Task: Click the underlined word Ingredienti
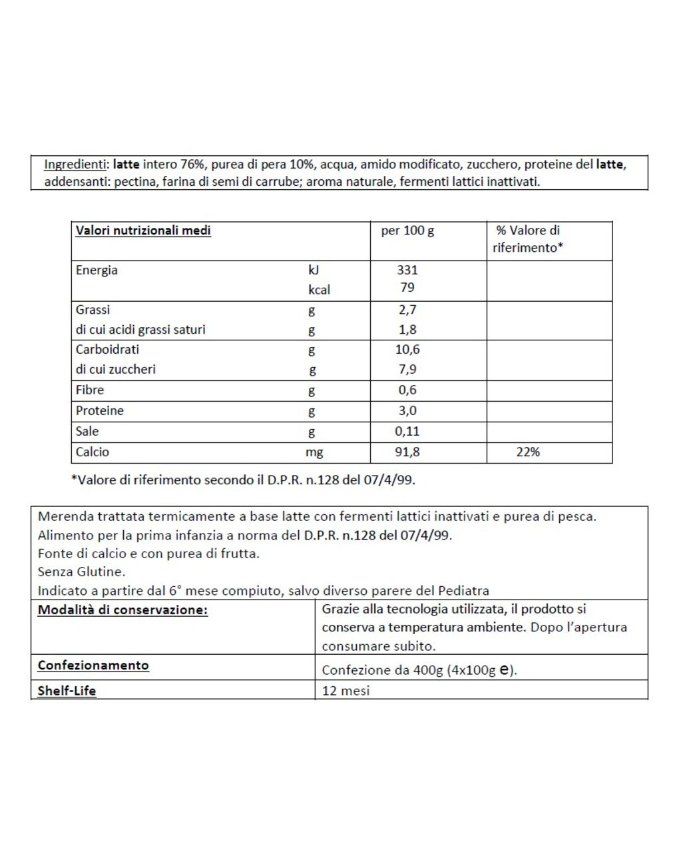(75, 164)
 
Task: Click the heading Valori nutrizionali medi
(143, 230)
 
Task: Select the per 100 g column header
(407, 230)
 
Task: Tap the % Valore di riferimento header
(528, 238)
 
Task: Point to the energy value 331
(407, 270)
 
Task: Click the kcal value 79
(407, 287)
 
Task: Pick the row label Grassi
(93, 310)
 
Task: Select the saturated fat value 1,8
(407, 329)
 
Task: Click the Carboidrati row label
(107, 349)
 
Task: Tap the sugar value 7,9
(407, 369)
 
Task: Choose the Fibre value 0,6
(407, 390)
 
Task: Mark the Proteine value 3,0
(407, 410)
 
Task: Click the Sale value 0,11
(407, 431)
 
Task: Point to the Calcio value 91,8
(407, 452)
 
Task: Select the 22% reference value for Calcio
(528, 452)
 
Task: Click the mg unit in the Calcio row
(314, 452)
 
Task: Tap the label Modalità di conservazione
(122, 610)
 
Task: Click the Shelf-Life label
(67, 690)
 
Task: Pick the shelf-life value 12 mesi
(345, 690)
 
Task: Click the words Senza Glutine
(81, 572)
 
